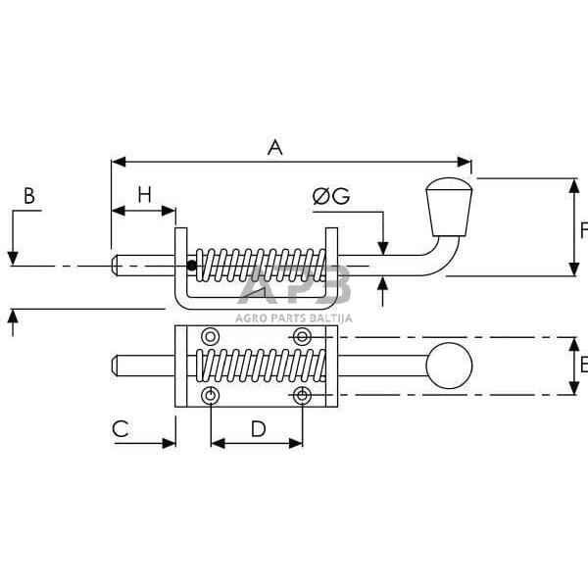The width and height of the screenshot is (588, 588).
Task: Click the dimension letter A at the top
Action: tap(275, 147)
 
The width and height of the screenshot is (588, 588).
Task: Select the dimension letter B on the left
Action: tap(29, 196)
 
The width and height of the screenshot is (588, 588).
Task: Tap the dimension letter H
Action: tap(144, 195)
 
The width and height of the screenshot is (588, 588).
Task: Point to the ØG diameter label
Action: tap(331, 196)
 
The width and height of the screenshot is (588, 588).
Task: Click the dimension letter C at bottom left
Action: tap(121, 428)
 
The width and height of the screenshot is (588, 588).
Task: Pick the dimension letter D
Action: tap(258, 428)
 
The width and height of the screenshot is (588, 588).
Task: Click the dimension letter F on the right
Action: tap(582, 230)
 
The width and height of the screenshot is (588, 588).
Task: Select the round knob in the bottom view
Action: tap(449, 366)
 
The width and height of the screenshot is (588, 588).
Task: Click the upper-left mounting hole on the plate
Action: tap(210, 337)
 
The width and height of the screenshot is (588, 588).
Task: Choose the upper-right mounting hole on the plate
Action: tap(303, 337)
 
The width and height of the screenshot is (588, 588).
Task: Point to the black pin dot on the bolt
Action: tap(192, 265)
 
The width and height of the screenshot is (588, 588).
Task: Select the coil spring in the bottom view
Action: tap(260, 366)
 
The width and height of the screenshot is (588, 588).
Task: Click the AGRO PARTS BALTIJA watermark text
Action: tap(294, 317)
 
